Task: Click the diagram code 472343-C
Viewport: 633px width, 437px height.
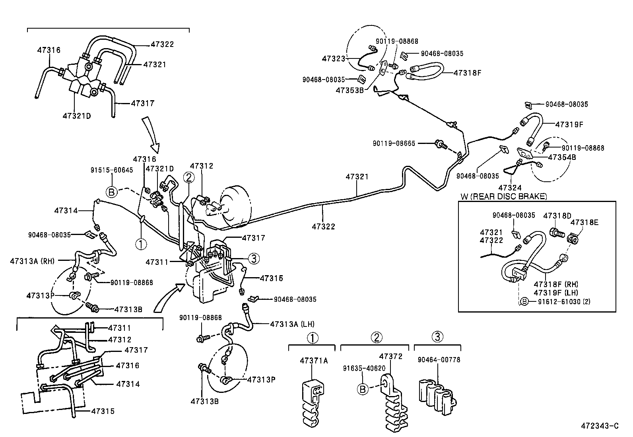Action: click(600, 426)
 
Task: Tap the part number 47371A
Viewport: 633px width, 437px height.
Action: click(314, 361)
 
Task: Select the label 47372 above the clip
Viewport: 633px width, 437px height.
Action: click(390, 356)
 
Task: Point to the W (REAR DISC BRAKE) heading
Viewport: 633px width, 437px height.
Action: click(504, 196)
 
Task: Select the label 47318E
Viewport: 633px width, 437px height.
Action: click(584, 222)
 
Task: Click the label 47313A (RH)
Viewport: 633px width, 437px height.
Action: click(33, 261)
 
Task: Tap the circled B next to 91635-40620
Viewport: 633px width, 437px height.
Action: click(362, 388)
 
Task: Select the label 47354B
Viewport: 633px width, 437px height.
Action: click(562, 157)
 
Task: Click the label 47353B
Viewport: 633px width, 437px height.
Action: click(350, 90)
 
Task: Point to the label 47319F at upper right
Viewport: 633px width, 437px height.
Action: click(569, 124)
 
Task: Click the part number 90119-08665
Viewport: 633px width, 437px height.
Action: click(394, 143)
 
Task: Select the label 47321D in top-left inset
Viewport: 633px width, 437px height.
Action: click(77, 116)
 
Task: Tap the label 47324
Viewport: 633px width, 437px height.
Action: click(510, 187)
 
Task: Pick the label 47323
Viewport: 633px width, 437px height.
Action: click(334, 58)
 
